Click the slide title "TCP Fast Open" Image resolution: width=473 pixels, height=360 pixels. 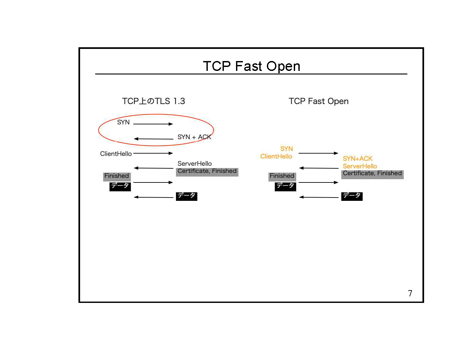click(251, 66)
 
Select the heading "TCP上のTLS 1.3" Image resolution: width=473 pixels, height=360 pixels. click(153, 101)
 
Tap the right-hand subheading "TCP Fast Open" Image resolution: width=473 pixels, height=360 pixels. click(318, 101)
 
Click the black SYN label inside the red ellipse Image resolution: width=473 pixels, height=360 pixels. click(123, 122)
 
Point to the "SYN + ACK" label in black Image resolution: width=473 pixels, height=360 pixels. click(194, 137)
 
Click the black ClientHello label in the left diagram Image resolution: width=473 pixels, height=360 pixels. click(116, 154)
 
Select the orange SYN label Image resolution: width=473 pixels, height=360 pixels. click(287, 149)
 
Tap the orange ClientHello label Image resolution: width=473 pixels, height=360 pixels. click(276, 157)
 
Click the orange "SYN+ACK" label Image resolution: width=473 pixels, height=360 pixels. click(357, 159)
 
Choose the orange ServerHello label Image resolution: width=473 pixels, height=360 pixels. click(360, 166)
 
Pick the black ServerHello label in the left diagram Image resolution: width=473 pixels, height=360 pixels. click(195, 163)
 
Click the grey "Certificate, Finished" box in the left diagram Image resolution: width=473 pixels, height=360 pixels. click(207, 171)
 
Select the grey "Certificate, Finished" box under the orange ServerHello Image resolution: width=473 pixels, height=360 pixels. click(372, 174)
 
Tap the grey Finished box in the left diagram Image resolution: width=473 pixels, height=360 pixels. click(117, 176)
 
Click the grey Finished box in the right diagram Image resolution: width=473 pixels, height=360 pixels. click(282, 176)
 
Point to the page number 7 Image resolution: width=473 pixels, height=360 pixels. click(410, 293)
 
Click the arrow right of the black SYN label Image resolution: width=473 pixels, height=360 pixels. click(153, 124)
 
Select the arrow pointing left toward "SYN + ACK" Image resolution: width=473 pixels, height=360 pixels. click(154, 139)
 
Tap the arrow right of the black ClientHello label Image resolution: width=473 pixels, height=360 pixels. click(153, 153)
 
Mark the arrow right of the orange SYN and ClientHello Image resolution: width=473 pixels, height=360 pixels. click(318, 153)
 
